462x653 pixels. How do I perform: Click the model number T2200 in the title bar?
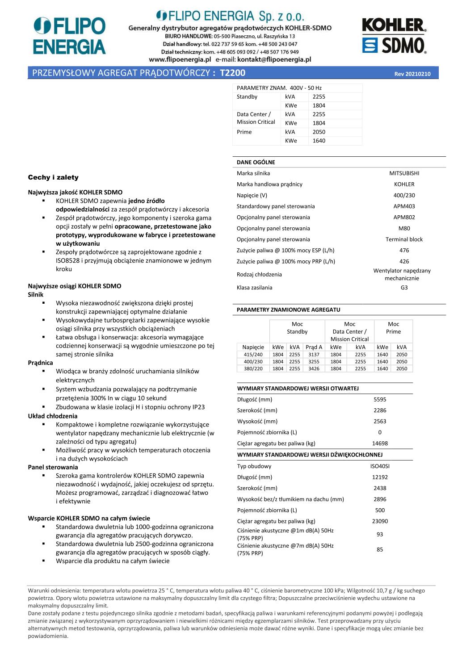click(233, 73)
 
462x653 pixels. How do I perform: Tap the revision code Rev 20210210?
click(412, 74)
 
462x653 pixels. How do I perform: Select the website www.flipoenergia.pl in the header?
click(180, 59)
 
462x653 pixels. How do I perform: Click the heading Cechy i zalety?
click(53, 177)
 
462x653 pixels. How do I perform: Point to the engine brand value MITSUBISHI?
click(404, 173)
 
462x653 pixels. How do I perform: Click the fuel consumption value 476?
click(404, 251)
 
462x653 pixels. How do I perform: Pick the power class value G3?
click(404, 288)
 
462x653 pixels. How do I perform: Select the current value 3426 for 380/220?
click(314, 369)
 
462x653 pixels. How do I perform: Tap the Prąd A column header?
click(314, 347)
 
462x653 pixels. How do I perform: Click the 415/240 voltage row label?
click(253, 355)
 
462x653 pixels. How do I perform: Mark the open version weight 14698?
click(380, 444)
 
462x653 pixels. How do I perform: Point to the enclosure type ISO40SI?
click(380, 466)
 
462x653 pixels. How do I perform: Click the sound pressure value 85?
click(380, 550)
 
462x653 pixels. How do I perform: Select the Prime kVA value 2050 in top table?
click(319, 132)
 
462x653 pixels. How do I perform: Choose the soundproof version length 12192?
click(380, 477)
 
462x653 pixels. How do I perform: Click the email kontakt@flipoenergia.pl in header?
click(274, 59)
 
